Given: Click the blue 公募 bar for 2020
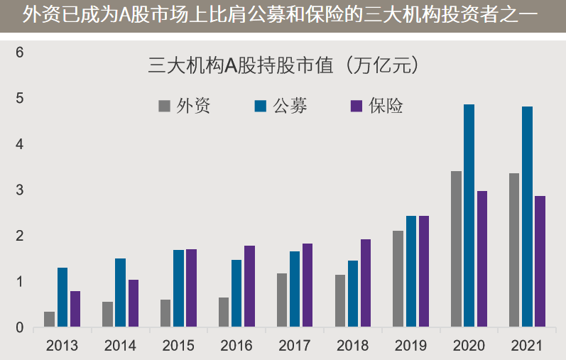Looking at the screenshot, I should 469,216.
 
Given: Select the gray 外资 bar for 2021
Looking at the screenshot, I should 514,251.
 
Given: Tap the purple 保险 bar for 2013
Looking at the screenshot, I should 75,310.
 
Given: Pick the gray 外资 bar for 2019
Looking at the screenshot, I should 398,279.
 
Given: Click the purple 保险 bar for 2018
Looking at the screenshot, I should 365,283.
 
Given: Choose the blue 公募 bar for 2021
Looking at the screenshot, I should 527,217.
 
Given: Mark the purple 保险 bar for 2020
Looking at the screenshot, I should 481,259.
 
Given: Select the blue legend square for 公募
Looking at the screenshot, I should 261,107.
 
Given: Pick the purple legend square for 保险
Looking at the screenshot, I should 357,107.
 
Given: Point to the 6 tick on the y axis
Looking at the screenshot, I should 20,53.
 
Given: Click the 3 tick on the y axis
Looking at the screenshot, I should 20,190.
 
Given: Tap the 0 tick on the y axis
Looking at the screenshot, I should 20,328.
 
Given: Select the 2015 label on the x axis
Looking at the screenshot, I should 178,347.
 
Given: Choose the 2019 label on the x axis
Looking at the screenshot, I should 410,347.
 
